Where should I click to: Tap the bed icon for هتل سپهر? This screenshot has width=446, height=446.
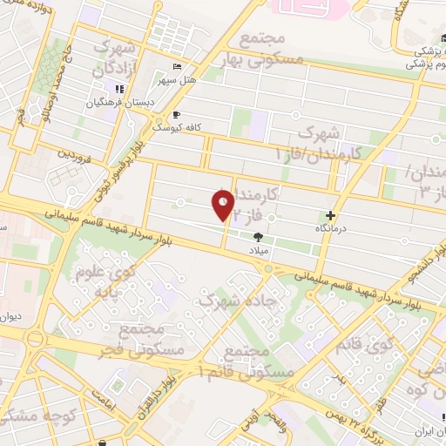178,68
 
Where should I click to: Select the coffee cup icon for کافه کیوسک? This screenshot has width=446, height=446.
176,114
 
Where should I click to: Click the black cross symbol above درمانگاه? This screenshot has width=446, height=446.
330,215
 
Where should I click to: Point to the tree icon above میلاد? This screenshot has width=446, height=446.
258,236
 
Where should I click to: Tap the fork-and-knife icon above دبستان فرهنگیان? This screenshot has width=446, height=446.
119,89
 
